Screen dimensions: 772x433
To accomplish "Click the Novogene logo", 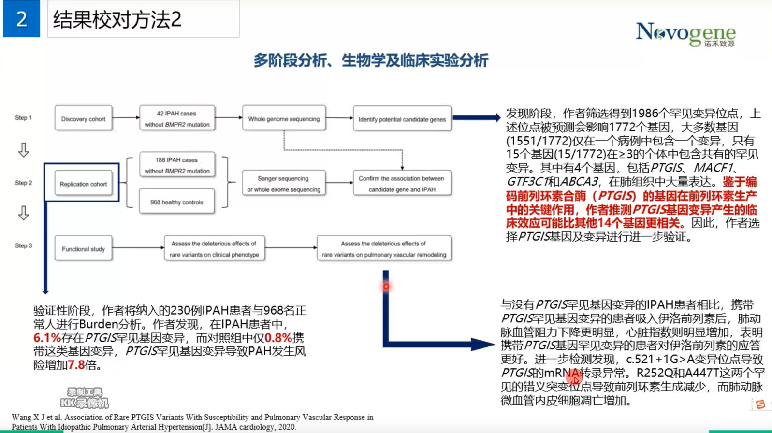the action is click(685, 34).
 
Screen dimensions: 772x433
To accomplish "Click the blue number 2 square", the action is click(21, 19).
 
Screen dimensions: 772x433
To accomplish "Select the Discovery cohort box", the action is click(83, 119).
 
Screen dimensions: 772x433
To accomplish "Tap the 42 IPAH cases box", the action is click(177, 119).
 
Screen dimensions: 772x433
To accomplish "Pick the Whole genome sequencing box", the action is click(284, 119).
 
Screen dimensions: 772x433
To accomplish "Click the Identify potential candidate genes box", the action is click(402, 119).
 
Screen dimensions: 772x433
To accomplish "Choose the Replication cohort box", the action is click(83, 184).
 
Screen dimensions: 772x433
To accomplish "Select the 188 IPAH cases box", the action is click(177, 165).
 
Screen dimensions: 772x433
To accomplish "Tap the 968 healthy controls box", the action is click(177, 202).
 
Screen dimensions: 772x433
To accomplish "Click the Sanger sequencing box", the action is click(284, 184).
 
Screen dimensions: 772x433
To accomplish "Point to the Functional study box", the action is click(83, 249).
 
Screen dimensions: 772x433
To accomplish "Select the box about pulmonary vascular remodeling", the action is click(384, 249).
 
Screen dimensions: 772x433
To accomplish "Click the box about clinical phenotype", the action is click(214, 249).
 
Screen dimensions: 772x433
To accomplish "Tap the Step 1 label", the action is click(23, 117).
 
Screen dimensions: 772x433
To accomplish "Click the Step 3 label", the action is click(23, 245).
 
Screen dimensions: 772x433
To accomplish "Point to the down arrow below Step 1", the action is click(23, 150).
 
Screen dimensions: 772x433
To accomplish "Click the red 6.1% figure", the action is click(47, 338).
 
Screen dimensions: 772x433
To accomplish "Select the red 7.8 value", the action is click(76, 365).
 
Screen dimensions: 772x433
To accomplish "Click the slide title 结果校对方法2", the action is click(117, 20).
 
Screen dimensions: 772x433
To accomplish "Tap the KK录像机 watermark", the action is click(85, 398).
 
